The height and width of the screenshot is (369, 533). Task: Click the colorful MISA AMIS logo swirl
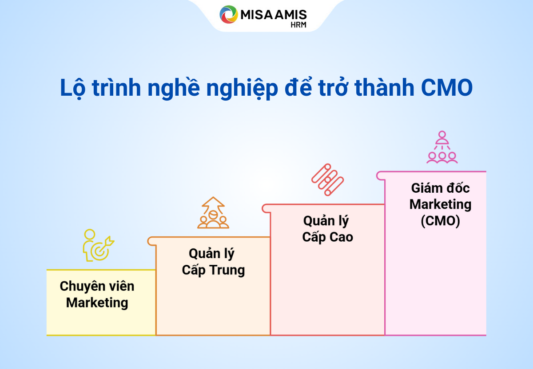pos(228,14)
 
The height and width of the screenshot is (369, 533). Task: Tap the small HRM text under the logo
pos(298,25)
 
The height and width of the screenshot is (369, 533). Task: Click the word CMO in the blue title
pos(447,88)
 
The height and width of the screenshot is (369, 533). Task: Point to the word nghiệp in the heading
pos(242,89)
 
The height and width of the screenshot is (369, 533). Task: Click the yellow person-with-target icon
pos(98,245)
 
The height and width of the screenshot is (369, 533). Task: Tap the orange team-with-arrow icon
pos(213,213)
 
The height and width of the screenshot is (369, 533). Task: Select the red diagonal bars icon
pos(327,180)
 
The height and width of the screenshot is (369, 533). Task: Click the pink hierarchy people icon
pos(442,147)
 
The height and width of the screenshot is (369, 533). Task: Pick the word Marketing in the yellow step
pos(97,303)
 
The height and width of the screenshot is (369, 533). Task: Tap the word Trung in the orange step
pos(227,270)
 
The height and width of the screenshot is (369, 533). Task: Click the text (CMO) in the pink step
pos(440,221)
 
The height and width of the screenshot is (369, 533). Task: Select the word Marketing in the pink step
pos(440,204)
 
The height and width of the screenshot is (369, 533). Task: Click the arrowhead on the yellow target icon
pos(110,241)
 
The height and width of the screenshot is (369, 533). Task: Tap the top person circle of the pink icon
pos(442,134)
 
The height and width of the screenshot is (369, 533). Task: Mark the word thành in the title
pos(384,88)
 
